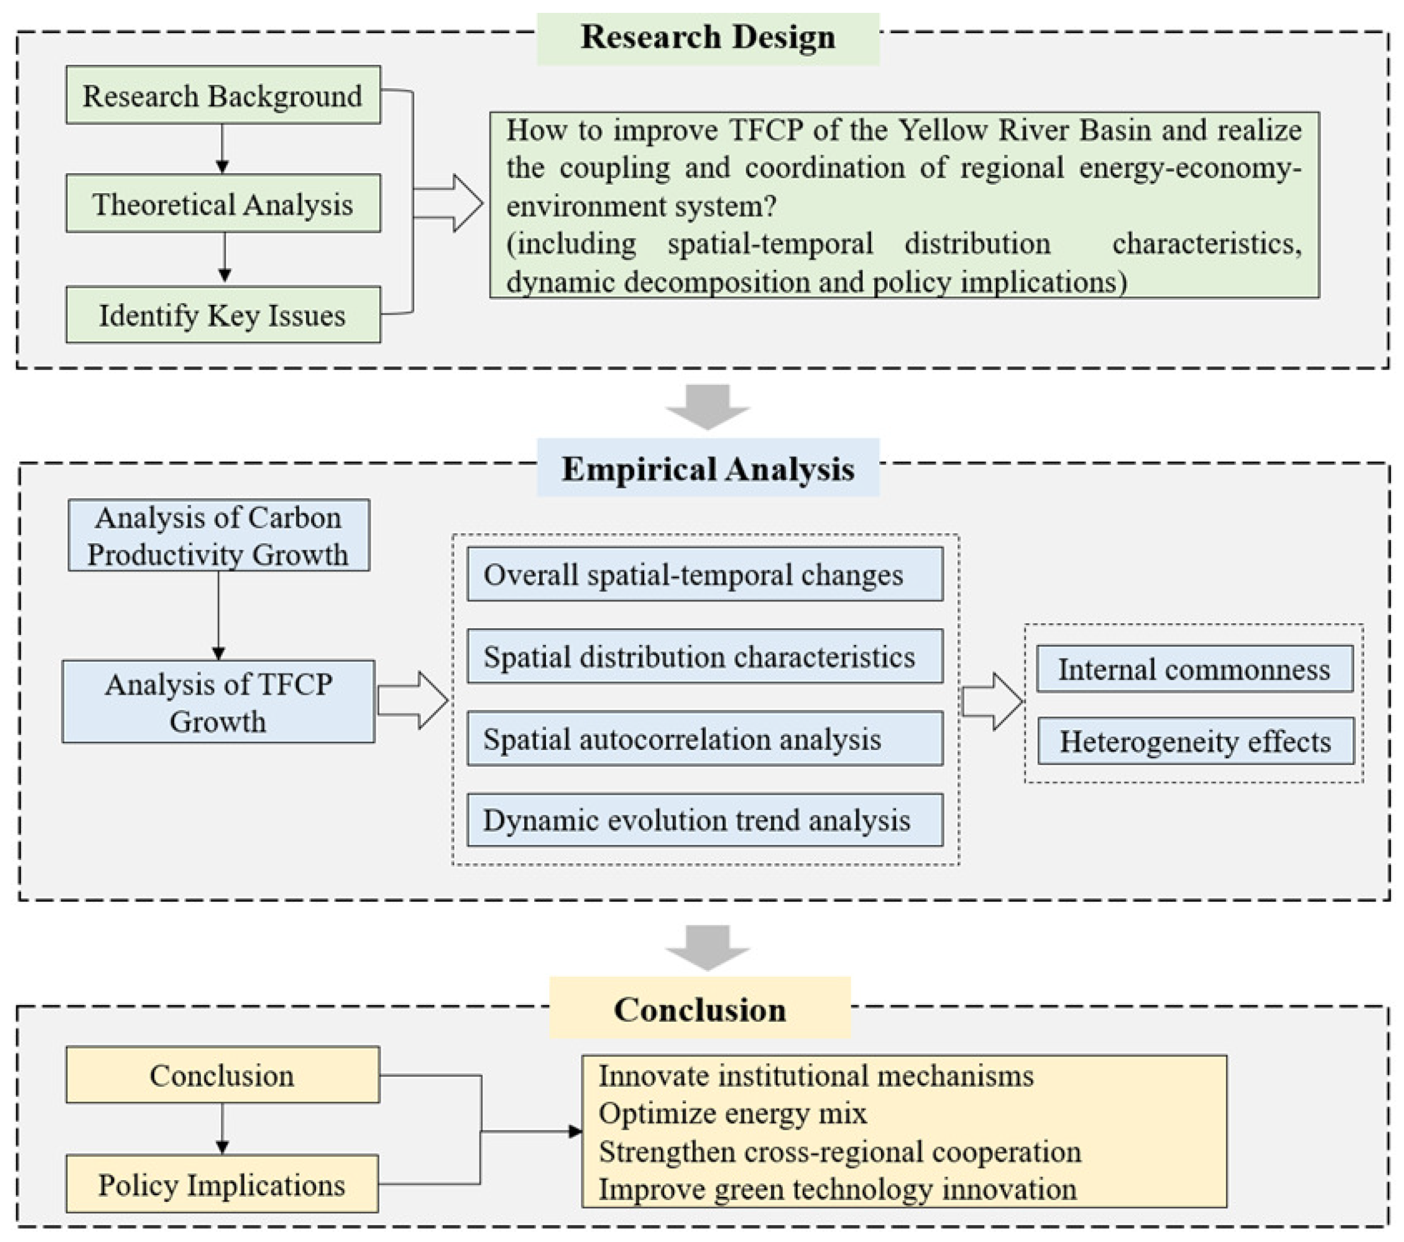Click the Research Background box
tap(223, 95)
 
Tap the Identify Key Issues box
tap(223, 316)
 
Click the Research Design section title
tap(707, 38)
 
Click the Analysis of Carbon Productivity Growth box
tap(218, 536)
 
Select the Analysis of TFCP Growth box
tap(218, 702)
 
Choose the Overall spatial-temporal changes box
tap(705, 575)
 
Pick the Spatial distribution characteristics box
tap(705, 656)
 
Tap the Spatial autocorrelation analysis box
tap(705, 739)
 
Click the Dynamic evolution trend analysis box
tap(705, 820)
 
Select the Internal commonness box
tap(1195, 669)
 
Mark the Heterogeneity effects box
tap(1195, 741)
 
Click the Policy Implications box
tap(222, 1185)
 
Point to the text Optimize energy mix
tap(732, 1113)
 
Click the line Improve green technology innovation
tap(837, 1189)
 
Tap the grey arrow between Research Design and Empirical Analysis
tap(707, 406)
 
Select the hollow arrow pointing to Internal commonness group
tap(991, 701)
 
